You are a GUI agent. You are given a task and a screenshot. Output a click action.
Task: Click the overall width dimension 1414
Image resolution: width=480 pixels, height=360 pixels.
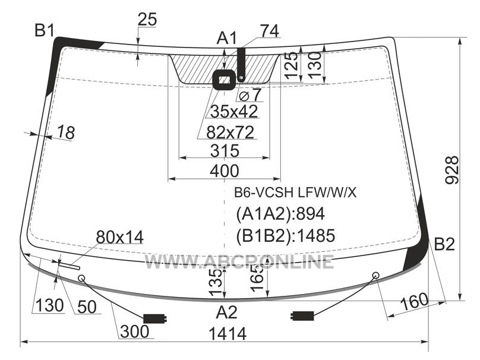coord(228,333)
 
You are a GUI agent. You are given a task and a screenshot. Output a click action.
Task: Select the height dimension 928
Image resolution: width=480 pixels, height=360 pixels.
coord(452,170)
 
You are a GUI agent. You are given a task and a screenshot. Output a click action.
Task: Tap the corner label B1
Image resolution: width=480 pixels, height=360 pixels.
coord(45,31)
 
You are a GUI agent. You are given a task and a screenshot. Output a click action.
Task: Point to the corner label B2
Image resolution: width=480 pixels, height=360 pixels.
coord(444,244)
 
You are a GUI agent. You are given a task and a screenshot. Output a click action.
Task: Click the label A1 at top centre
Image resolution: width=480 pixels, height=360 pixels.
coord(227,39)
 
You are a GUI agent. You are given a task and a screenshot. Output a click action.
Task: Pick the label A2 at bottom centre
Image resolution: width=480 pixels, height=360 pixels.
coord(227,312)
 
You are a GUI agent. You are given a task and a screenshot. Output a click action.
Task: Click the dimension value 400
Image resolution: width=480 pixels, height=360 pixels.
coord(225,171)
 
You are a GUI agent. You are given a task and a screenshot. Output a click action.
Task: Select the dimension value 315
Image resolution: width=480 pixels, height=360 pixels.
coord(225,151)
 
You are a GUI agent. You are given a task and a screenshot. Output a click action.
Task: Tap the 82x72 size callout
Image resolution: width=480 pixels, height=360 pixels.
coord(230,132)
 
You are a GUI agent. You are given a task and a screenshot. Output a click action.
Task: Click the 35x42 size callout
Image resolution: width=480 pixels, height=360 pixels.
coord(234,112)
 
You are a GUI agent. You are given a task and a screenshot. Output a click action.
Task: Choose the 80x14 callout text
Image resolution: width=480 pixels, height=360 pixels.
coord(119,237)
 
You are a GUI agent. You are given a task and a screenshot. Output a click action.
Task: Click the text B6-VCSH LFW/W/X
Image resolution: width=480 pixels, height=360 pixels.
coord(295,192)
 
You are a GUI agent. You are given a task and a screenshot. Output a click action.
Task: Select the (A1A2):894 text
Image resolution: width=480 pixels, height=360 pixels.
coord(280,214)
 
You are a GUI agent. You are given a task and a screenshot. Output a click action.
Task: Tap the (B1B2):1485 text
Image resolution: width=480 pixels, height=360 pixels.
coord(285,235)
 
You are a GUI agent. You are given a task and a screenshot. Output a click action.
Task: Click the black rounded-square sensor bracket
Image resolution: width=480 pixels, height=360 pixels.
coord(225,80)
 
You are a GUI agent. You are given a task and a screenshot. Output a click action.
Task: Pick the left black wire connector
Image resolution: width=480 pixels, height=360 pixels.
coord(155,318)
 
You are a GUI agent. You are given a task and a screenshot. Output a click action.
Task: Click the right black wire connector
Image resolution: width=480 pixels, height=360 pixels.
coord(302,315)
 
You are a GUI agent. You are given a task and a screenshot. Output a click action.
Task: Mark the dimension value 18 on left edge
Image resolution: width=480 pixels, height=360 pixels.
coord(66,132)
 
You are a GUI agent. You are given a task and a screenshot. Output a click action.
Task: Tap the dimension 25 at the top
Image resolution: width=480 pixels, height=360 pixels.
coord(147,19)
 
